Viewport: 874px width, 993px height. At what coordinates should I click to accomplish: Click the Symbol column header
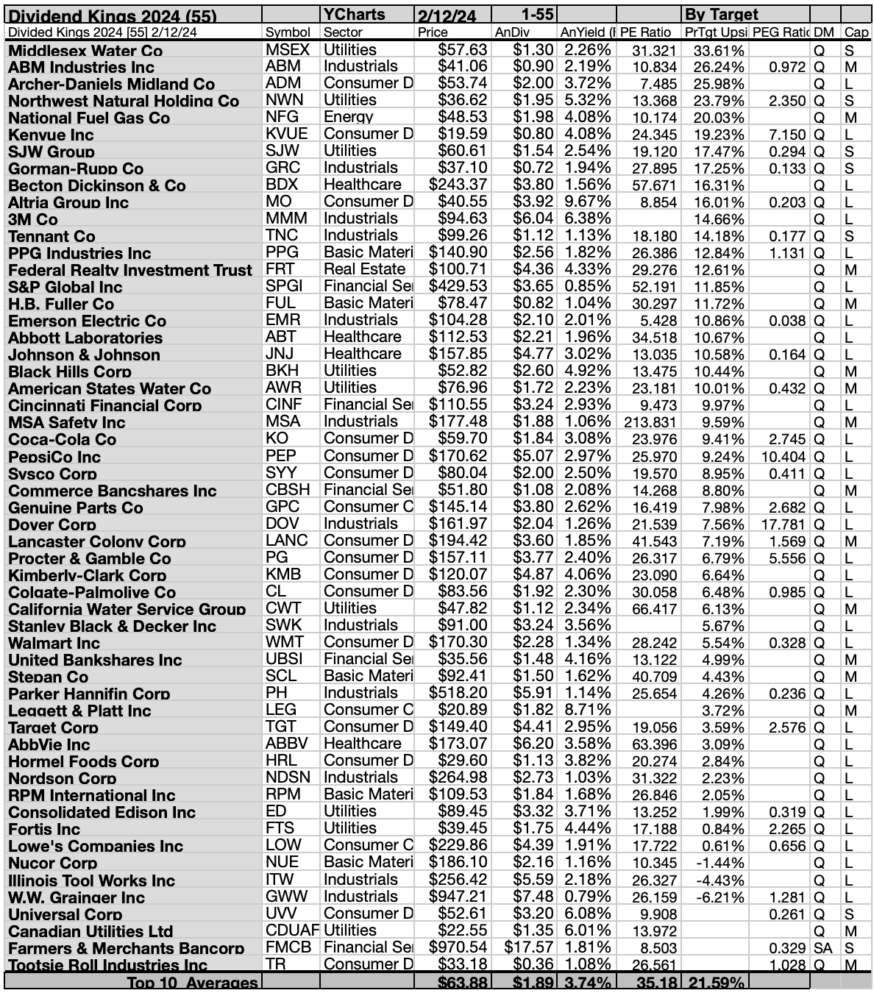(283, 32)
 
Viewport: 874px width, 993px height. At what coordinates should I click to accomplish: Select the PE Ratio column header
(646, 32)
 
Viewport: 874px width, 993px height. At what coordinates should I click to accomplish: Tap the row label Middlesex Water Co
(85, 50)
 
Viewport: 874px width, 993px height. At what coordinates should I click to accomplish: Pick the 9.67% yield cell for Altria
(587, 202)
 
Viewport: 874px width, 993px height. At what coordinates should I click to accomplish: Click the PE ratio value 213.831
(650, 422)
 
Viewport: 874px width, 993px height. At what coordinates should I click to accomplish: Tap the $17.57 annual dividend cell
(528, 948)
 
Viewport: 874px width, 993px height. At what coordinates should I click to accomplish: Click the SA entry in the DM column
(823, 948)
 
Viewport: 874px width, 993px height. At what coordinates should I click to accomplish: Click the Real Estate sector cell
(365, 269)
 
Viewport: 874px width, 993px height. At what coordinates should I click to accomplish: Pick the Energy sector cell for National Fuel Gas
(349, 117)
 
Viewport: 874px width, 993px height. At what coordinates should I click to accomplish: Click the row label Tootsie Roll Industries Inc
(107, 965)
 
